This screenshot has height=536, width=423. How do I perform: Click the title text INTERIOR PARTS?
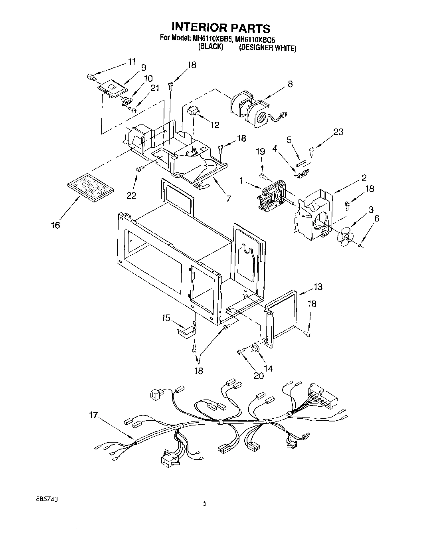click(221, 28)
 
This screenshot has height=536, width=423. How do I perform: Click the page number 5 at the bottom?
click(205, 504)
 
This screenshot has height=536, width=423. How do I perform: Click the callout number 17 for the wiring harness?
click(93, 415)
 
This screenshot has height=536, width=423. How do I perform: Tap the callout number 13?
click(318, 287)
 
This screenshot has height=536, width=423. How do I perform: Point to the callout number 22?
click(131, 196)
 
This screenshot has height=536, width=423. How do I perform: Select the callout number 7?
click(228, 198)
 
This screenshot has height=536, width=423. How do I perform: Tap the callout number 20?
click(258, 376)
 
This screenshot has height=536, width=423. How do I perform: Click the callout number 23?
click(338, 132)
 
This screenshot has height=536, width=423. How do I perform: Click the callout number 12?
click(215, 125)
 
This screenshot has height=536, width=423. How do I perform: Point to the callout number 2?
click(364, 178)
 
